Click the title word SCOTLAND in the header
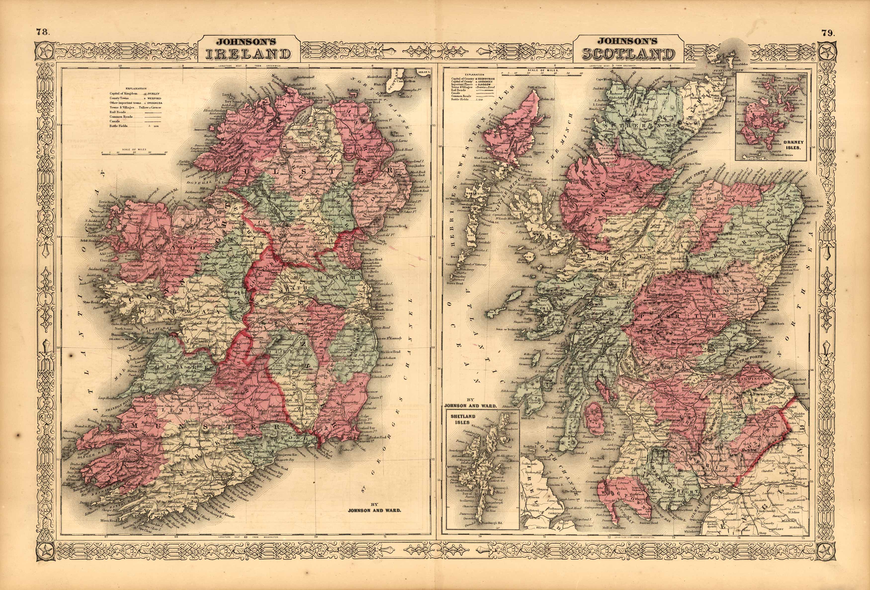point(629,55)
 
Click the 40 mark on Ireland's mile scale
point(166,152)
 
